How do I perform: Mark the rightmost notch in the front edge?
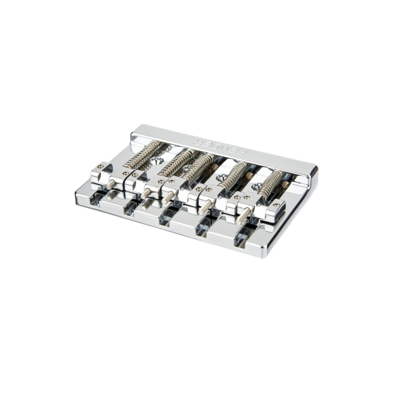click(242, 237)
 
